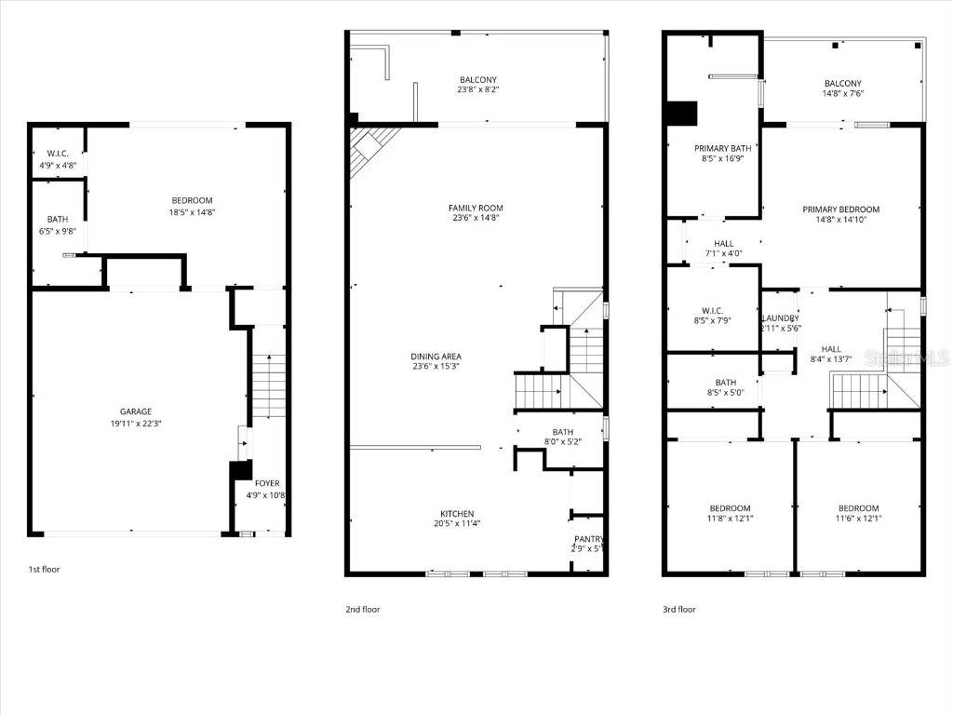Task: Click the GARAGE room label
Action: click(135, 411)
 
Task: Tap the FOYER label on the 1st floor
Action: click(267, 483)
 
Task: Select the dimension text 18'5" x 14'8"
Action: click(192, 212)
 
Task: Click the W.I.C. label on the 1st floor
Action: click(58, 154)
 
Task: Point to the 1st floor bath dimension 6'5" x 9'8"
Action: click(58, 231)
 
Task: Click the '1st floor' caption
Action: click(44, 569)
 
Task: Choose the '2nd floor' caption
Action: click(362, 610)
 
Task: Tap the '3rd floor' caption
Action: click(678, 610)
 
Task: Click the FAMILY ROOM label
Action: click(476, 208)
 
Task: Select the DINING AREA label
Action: click(436, 356)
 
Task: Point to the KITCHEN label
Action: click(457, 513)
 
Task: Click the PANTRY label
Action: click(589, 539)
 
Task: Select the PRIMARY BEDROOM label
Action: click(840, 209)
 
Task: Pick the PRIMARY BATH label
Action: click(722, 148)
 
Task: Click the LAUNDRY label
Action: click(780, 317)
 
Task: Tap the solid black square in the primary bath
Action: click(682, 113)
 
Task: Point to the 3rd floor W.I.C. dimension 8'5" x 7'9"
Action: click(712, 321)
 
